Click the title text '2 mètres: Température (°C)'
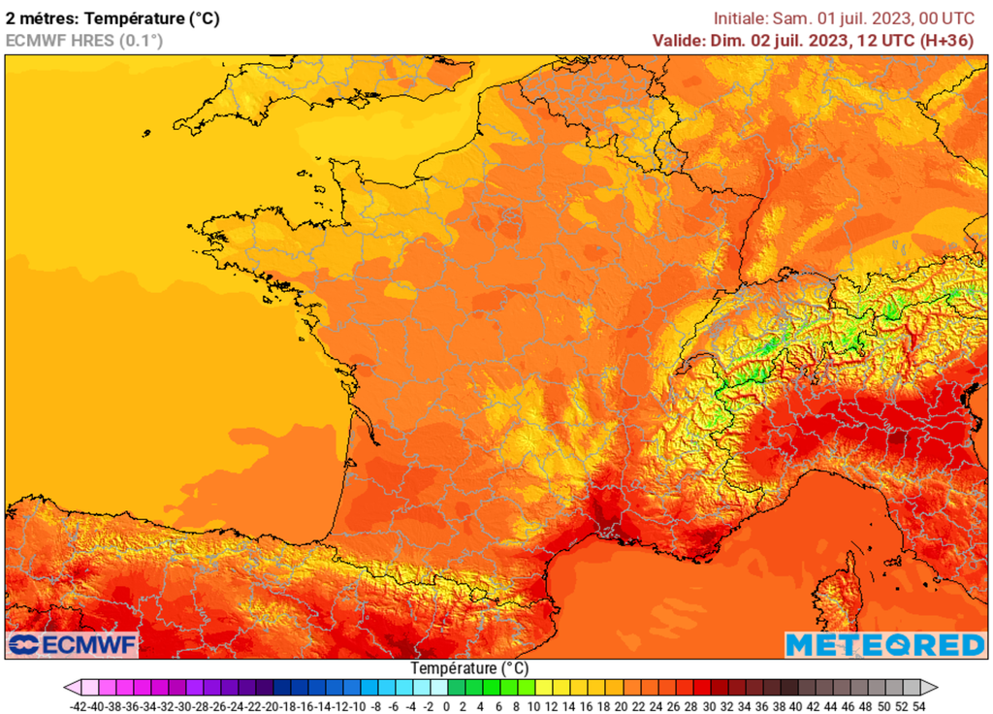point(112,17)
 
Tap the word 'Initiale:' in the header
point(741,17)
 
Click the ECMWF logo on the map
point(74,644)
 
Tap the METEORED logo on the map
point(884,644)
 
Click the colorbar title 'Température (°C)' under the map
point(469,668)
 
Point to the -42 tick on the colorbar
point(76,706)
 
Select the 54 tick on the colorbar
point(918,706)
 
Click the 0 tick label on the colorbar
point(445,706)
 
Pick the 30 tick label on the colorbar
point(708,706)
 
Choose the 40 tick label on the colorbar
point(795,706)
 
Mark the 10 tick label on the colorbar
point(532,706)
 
